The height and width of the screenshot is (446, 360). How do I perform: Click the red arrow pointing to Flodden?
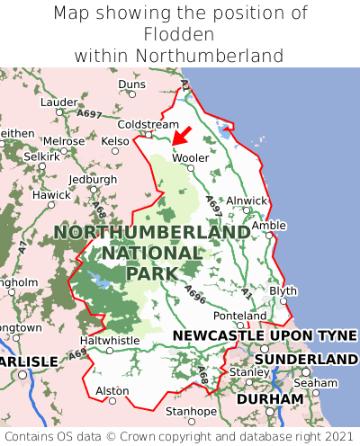pos(181,137)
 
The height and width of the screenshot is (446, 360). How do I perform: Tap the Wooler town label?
pos(190,157)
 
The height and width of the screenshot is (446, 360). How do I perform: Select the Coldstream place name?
pos(148,124)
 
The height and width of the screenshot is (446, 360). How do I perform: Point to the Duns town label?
pos(131,85)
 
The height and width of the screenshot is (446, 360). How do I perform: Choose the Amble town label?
pos(268,226)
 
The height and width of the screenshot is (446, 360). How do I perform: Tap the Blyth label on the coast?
pos(283,291)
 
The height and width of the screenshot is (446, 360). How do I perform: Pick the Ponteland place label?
pos(240,317)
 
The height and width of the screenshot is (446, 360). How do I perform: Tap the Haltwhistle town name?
pos(111,341)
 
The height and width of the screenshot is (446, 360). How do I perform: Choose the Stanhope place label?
pos(191,412)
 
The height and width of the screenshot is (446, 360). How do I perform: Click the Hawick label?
pos(50,195)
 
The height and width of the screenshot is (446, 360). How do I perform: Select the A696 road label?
pos(196,293)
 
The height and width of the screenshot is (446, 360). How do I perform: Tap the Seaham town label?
pos(321,382)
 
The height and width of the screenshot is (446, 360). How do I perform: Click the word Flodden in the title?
pos(180,34)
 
